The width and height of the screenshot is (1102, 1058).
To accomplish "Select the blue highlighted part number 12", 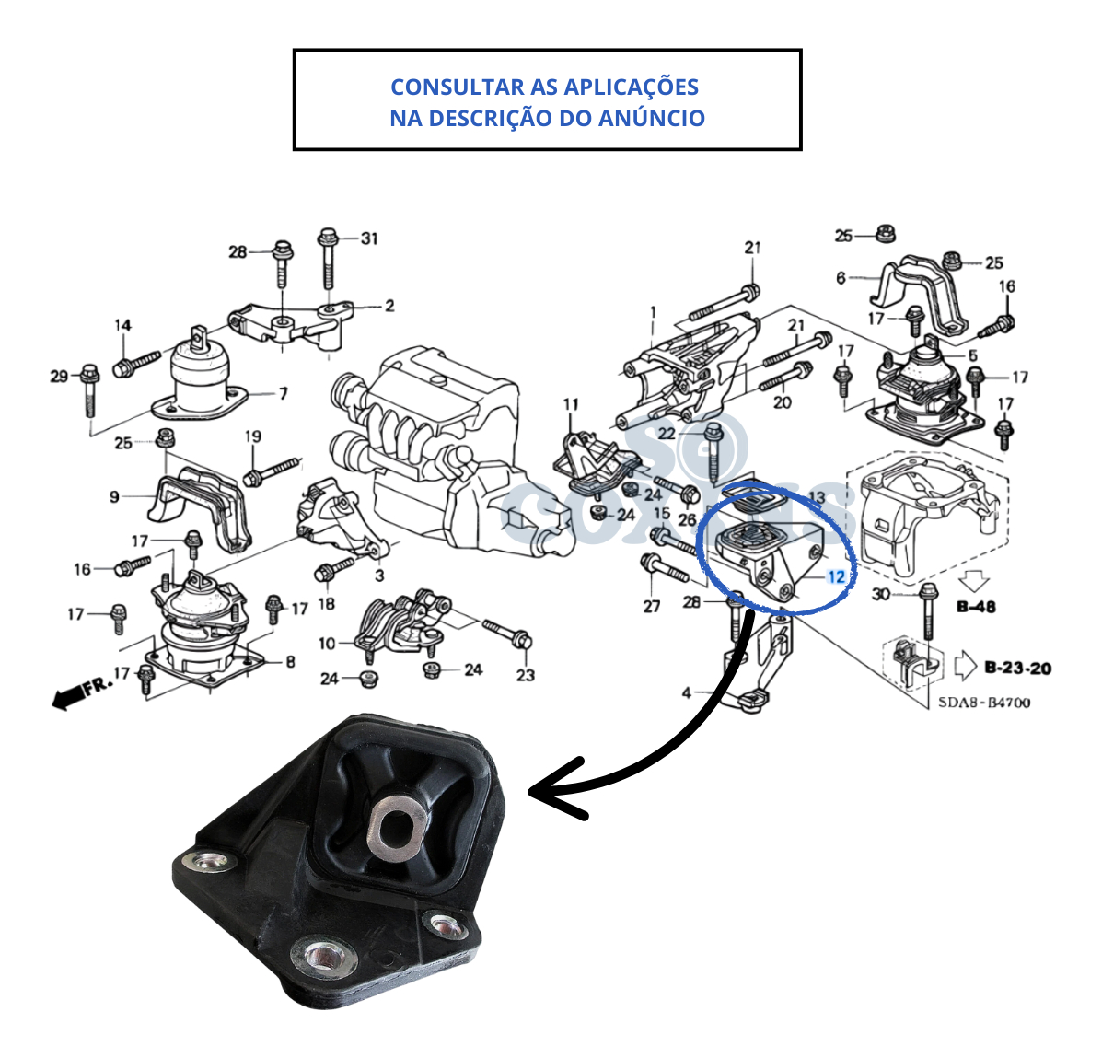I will coord(836,577).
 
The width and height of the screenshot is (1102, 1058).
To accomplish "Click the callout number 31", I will coord(369,238).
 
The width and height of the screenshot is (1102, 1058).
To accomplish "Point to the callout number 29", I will coord(59,376).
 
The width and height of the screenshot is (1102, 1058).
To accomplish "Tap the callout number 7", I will coord(284,393).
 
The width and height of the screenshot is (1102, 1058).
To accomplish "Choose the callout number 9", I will coord(114,497).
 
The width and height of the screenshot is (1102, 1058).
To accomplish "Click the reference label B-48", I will coord(977,607).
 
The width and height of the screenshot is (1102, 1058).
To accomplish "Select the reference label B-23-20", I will coord(1017,668).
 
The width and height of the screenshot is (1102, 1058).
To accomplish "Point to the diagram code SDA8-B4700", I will coord(984,703).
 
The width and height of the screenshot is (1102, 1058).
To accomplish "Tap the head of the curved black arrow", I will coord(552,789).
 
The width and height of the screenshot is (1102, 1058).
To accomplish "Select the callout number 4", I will coord(686,692).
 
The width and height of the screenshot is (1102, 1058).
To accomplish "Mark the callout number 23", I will coord(525,675).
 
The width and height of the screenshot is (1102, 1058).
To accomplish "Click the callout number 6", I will coord(841,277).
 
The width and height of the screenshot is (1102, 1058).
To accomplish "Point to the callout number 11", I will coord(571,404).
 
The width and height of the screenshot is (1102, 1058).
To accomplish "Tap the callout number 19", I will coord(253,436).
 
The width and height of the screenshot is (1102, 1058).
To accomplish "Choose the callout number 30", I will coord(881,594).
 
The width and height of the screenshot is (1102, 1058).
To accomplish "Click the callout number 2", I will coord(389,306).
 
